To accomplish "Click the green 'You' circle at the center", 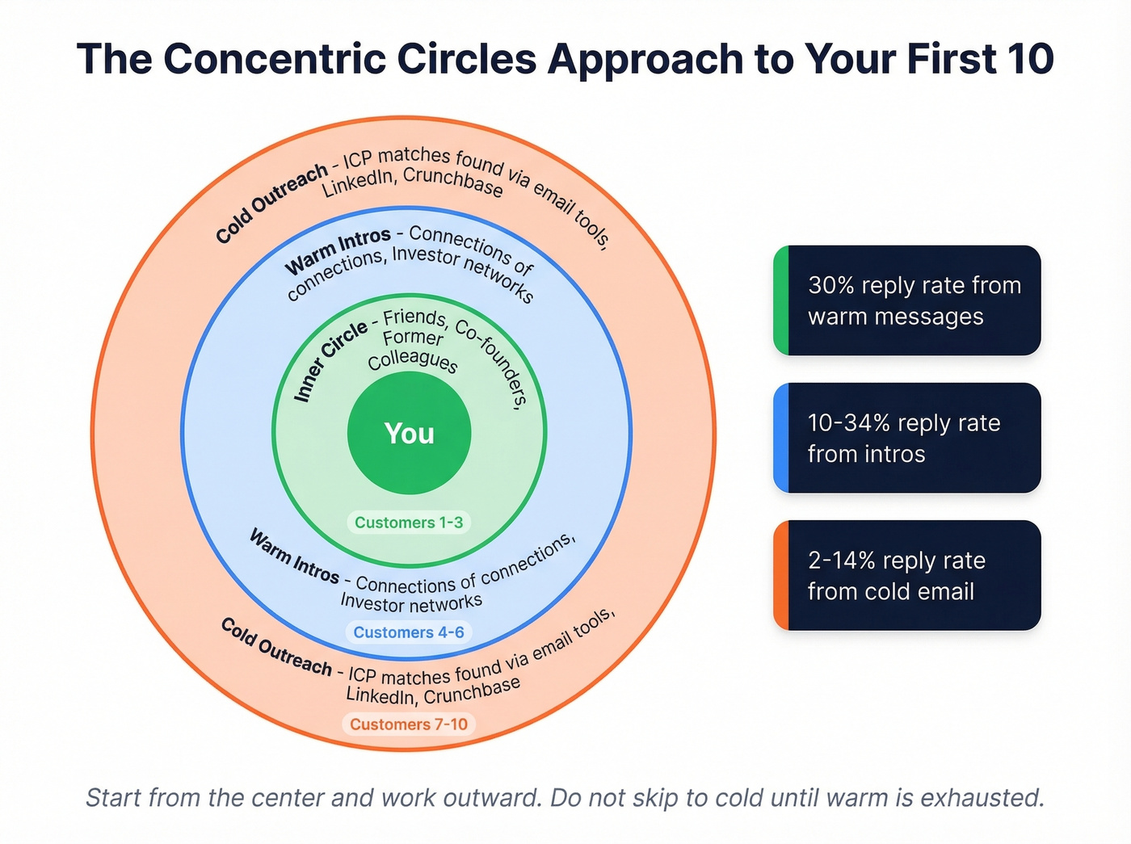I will (409, 433).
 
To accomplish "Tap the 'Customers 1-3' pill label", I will (409, 523).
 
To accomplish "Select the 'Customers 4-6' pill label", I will (409, 632).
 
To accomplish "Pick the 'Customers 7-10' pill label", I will (409, 724).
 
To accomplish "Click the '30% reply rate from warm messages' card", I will (907, 300).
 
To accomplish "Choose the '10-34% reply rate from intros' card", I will (907, 438).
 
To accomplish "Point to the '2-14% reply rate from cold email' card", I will (907, 575).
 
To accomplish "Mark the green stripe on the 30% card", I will (780, 300).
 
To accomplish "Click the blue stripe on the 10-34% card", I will (780, 438).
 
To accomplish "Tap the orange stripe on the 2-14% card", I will (780, 575).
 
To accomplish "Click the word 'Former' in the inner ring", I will (413, 338).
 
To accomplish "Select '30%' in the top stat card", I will (831, 286).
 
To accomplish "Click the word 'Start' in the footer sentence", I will (114, 798).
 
